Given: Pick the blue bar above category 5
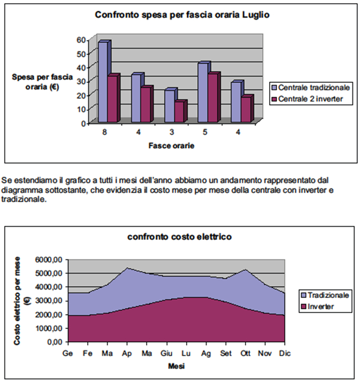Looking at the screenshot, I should [x=202, y=92].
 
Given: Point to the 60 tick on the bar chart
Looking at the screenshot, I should [x=81, y=40].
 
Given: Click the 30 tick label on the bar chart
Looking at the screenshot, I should [x=81, y=81].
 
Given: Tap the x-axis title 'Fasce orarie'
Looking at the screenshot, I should [x=171, y=145].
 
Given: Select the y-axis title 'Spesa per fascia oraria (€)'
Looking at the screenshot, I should [x=39, y=82].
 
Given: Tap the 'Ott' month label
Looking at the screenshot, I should [x=246, y=353].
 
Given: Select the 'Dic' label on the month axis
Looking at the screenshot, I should [x=284, y=353].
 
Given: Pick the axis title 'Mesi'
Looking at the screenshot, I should [x=176, y=366].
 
